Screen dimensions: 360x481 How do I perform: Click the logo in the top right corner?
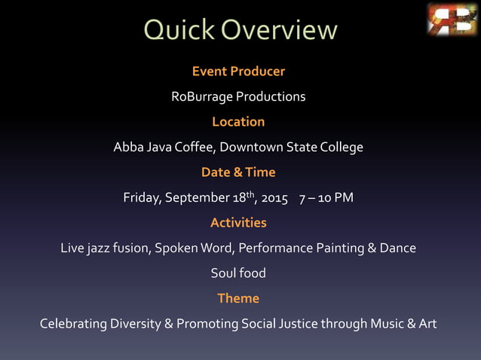(452, 20)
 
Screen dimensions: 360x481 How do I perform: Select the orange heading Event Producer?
(238, 72)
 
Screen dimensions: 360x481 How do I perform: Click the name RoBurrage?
(201, 97)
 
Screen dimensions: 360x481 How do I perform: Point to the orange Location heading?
(238, 122)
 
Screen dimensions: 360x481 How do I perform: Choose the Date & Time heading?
(238, 172)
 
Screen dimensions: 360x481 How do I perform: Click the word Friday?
(142, 198)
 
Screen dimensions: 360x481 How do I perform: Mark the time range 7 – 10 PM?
(326, 198)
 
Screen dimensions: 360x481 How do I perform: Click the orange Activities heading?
(238, 223)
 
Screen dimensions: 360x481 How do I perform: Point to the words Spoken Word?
(193, 249)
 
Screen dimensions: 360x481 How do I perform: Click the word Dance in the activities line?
(398, 249)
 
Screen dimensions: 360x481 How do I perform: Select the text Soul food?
(238, 273)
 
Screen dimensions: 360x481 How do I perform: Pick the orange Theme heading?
(238, 298)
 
